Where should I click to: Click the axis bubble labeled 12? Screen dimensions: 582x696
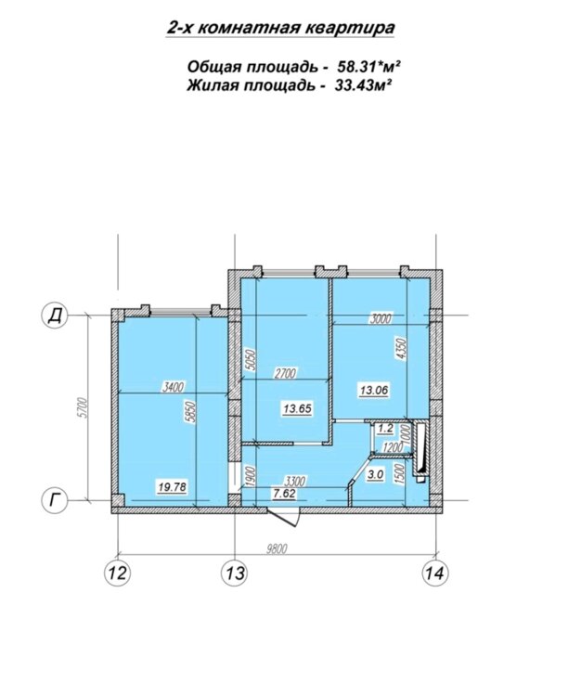tap(118, 573)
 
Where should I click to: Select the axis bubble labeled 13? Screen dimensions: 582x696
tap(235, 573)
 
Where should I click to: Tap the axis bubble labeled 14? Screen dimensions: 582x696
tap(434, 573)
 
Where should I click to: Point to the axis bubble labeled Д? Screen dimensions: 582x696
tap(54, 316)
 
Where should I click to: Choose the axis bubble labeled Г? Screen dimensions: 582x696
tap(54, 500)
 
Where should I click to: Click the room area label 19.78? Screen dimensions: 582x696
tap(173, 487)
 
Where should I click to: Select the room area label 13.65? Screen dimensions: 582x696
tap(297, 408)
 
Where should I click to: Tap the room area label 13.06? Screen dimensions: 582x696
tap(374, 391)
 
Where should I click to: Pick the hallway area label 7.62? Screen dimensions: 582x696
tap(285, 494)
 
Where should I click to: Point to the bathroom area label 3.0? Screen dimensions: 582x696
tap(375, 474)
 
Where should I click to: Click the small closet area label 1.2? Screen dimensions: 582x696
tap(385, 429)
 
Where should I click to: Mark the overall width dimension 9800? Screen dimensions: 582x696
tap(277, 549)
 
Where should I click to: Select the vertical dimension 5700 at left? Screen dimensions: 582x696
tap(81, 408)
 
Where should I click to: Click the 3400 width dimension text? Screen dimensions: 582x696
tap(173, 388)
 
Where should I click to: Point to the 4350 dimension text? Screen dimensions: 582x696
tap(402, 350)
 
